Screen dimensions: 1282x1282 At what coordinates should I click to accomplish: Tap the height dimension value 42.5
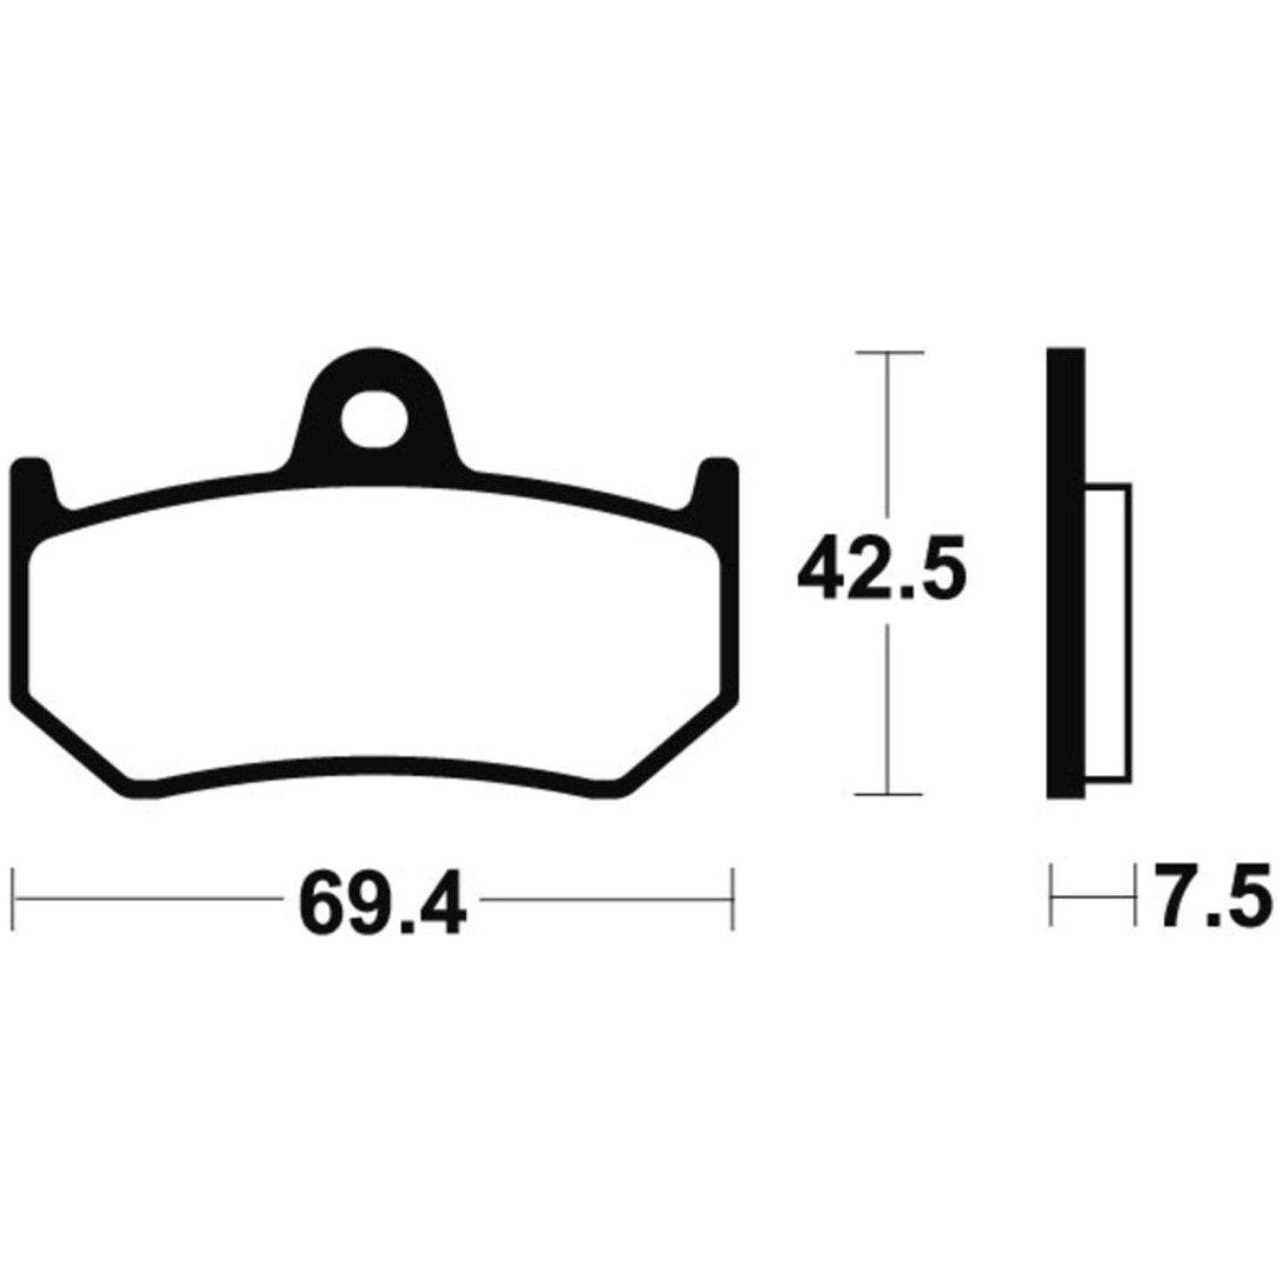click(x=881, y=567)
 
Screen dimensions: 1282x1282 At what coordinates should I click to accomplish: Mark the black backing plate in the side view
click(x=1066, y=573)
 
